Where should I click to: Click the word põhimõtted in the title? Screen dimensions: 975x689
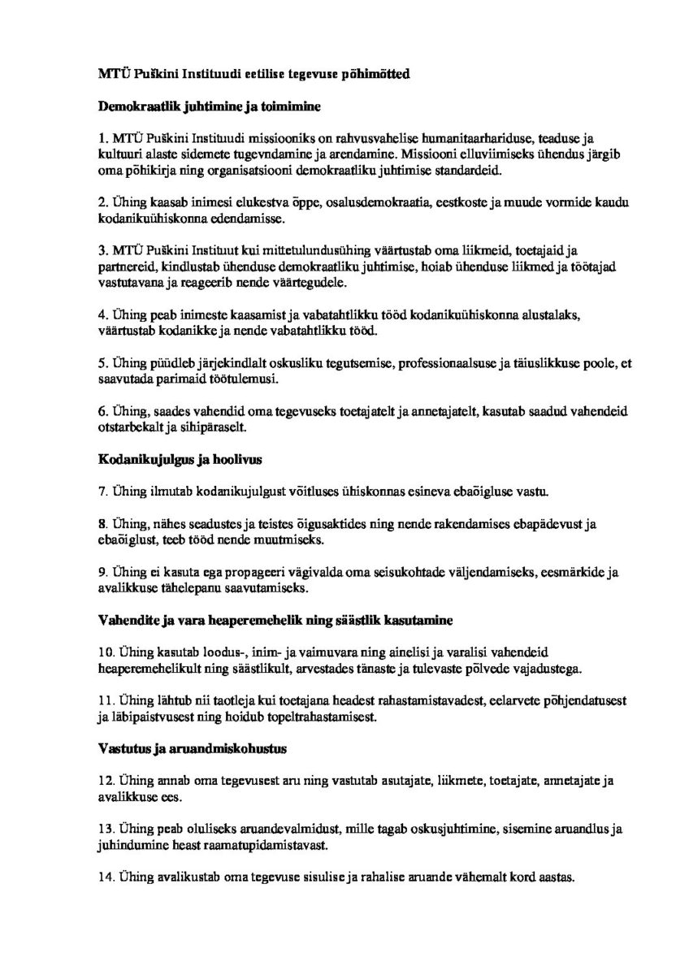[x=378, y=75]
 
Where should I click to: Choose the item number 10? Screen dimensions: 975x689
[x=105, y=652]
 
